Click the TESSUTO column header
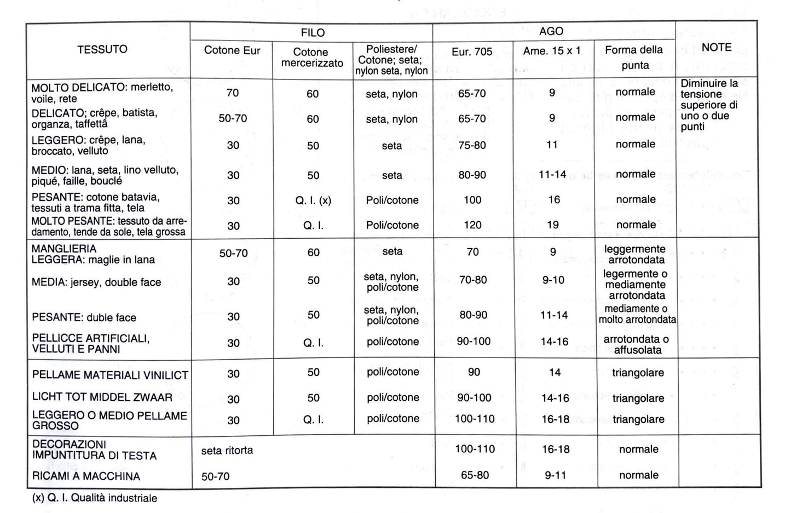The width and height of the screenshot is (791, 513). pyautogui.click(x=102, y=49)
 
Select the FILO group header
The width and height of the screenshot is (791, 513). pyautogui.click(x=312, y=33)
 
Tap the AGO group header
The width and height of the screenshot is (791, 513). pyautogui.click(x=551, y=32)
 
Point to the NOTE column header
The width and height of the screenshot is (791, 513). pyautogui.click(x=717, y=48)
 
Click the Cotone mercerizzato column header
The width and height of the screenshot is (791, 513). pyautogui.click(x=312, y=57)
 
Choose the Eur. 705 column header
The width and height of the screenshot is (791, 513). pyautogui.click(x=472, y=52)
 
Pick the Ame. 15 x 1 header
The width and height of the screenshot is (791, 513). pyautogui.click(x=552, y=51)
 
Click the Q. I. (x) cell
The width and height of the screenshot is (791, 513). pyautogui.click(x=313, y=200)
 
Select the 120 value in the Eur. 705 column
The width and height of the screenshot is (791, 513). pyautogui.click(x=472, y=225)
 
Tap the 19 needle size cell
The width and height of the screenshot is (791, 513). pyautogui.click(x=553, y=225)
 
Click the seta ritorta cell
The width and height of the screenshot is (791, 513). pyautogui.click(x=227, y=451)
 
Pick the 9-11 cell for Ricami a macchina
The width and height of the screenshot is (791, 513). pyautogui.click(x=556, y=475)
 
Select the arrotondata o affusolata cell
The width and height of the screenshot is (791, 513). pyautogui.click(x=636, y=344)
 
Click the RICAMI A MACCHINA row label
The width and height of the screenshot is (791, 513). pyautogui.click(x=86, y=476)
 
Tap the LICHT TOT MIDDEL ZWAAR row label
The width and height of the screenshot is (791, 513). pyautogui.click(x=102, y=397)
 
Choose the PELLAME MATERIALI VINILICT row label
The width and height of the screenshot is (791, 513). pyautogui.click(x=110, y=375)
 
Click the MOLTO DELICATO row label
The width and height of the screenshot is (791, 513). pyautogui.click(x=102, y=93)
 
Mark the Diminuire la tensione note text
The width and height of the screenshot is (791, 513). pyautogui.click(x=709, y=105)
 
